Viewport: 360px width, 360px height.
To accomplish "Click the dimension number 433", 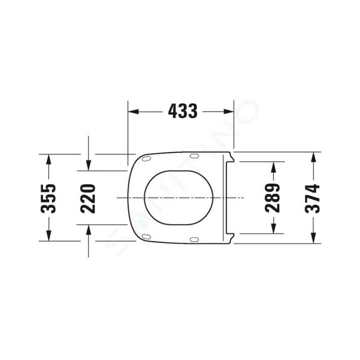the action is [x=183, y=111].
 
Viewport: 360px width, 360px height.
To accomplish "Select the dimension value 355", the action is [x=48, y=198].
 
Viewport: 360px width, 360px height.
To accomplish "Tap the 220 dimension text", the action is [x=88, y=198].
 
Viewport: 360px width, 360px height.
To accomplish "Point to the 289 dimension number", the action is [x=272, y=198].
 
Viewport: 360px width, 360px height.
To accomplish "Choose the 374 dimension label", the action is [x=312, y=198].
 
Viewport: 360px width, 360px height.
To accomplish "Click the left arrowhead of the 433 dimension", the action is [x=133, y=112].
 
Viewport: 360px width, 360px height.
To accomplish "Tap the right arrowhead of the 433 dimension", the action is [x=229, y=112].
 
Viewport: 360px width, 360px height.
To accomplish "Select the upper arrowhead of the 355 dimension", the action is [x=49, y=160].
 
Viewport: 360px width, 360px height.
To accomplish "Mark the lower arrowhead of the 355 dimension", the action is [x=49, y=235].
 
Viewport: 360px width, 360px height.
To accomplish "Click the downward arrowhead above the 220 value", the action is [x=88, y=166].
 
